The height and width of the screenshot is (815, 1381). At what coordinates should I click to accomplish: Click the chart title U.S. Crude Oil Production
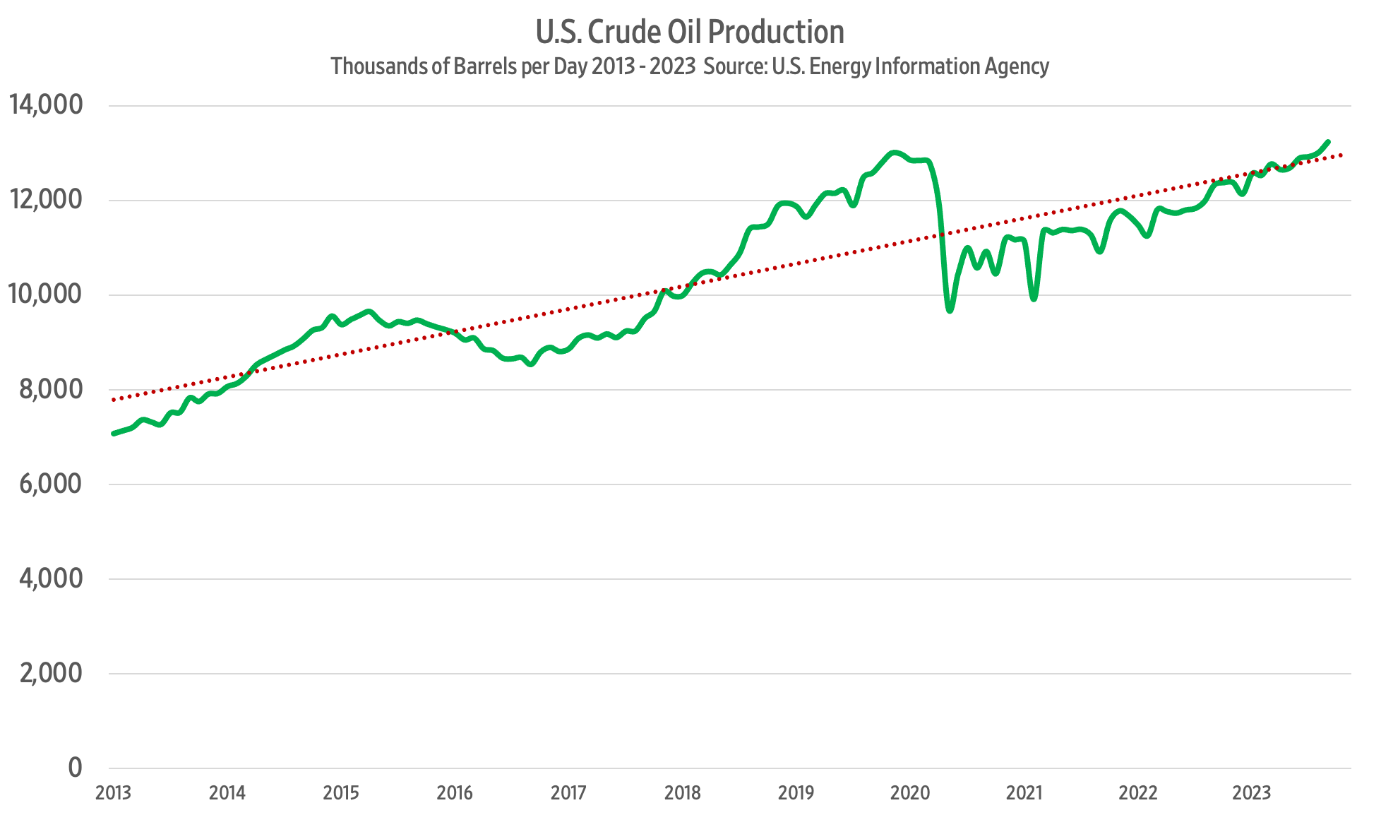click(690, 32)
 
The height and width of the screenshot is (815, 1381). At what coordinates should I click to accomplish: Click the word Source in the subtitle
click(734, 66)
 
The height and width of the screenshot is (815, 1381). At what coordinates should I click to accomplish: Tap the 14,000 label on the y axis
click(46, 105)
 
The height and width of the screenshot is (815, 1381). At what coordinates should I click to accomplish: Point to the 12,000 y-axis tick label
click(46, 199)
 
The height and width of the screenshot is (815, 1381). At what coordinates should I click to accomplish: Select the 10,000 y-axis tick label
click(46, 294)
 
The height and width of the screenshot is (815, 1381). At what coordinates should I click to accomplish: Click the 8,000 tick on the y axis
click(51, 388)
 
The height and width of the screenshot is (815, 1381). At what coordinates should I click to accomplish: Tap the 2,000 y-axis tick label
click(51, 672)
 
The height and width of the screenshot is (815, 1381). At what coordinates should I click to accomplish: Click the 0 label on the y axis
click(75, 767)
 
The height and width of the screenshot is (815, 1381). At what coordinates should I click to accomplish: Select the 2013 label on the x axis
click(113, 793)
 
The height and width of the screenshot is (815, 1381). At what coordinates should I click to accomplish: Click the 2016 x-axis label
click(455, 793)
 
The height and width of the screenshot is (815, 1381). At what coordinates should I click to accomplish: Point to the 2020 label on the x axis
click(910, 793)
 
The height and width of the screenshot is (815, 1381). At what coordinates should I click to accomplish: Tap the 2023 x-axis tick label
click(1252, 793)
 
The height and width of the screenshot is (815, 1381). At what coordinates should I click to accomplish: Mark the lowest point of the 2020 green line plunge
click(950, 310)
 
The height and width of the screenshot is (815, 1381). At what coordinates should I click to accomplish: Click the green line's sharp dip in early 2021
click(1034, 299)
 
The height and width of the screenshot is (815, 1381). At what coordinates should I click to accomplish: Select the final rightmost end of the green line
click(1328, 142)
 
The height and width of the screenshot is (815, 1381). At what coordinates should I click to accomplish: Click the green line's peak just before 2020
click(895, 153)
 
